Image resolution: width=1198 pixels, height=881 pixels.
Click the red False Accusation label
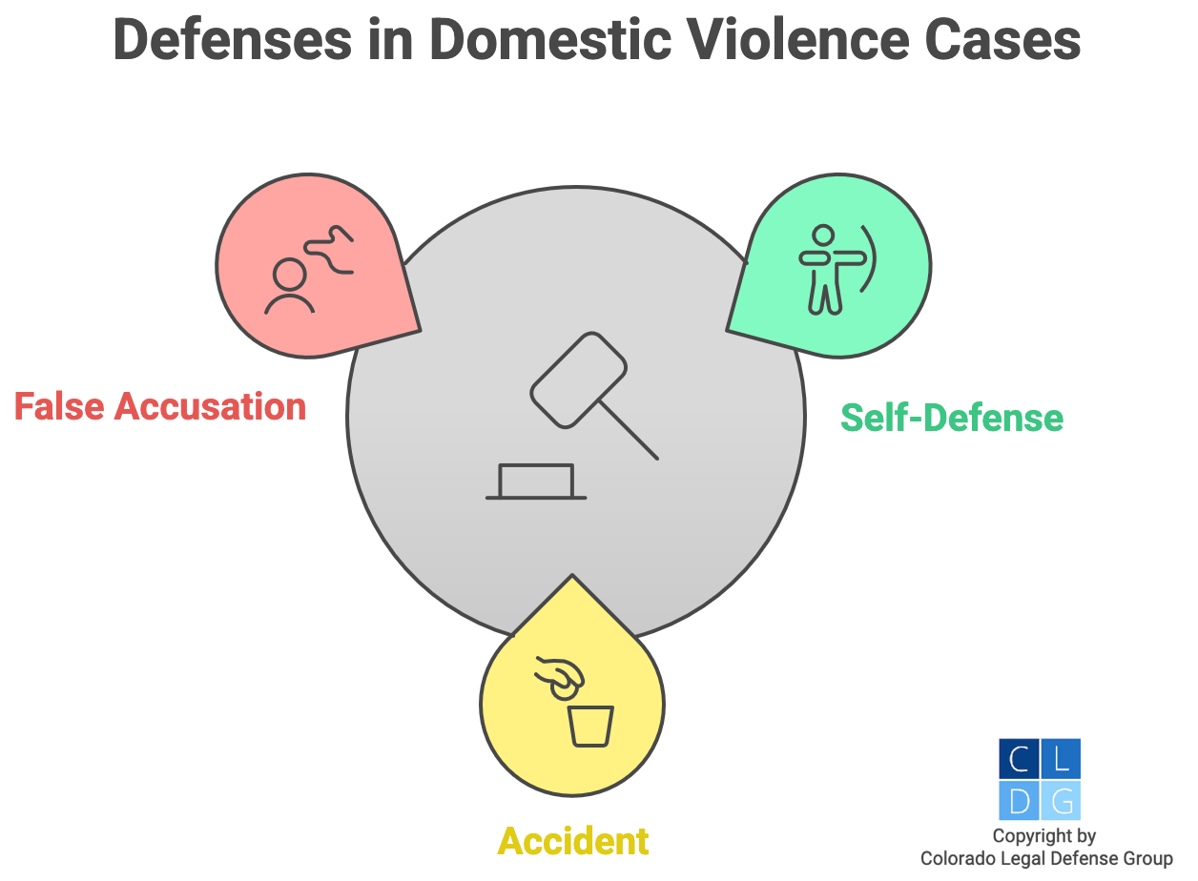pos(160,406)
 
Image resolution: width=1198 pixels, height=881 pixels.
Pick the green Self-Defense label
pos(951,418)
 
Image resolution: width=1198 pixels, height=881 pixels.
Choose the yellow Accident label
pos(573,841)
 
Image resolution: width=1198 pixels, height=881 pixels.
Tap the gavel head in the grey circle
pos(578,379)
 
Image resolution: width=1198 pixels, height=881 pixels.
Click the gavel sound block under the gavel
pos(536,481)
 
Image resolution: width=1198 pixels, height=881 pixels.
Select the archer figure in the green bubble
pos(821,268)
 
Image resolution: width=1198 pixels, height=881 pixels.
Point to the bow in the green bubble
pos(868,258)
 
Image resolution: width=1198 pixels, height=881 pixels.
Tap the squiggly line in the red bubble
pos(331,250)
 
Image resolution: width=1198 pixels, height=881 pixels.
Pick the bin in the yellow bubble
pos(590,727)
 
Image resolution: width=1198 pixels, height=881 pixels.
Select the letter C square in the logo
pos(1018,758)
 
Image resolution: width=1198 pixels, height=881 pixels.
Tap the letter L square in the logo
pos(1061,758)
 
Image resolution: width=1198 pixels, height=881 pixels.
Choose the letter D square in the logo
pos(1018,801)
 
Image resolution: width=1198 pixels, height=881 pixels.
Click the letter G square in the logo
pos(1061,801)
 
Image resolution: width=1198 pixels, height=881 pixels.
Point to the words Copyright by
pos(1044,836)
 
